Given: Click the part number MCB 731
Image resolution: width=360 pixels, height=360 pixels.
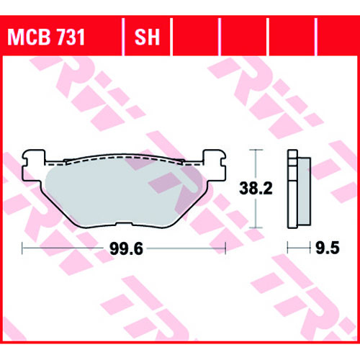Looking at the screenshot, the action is coord(46,37).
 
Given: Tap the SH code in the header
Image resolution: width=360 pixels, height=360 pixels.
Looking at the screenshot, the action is coord(147,37).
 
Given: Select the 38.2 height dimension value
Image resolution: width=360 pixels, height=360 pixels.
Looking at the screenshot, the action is coord(256,188).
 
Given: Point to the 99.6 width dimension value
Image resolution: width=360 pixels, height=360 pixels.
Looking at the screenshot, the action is coord(126,248).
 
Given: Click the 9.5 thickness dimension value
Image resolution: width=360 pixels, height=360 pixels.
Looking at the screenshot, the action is coord(328,248).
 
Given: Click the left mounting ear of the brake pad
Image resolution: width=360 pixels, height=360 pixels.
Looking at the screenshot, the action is coord(34,166).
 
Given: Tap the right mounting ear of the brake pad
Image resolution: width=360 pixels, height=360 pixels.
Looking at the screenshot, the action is coord(215,166).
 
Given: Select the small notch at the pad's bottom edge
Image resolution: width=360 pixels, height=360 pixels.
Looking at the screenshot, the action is coord(124,224).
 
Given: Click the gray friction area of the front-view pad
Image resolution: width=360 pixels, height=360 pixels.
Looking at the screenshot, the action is coord(120,192).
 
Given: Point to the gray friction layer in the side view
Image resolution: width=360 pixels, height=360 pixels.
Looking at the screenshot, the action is coord(304,192).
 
